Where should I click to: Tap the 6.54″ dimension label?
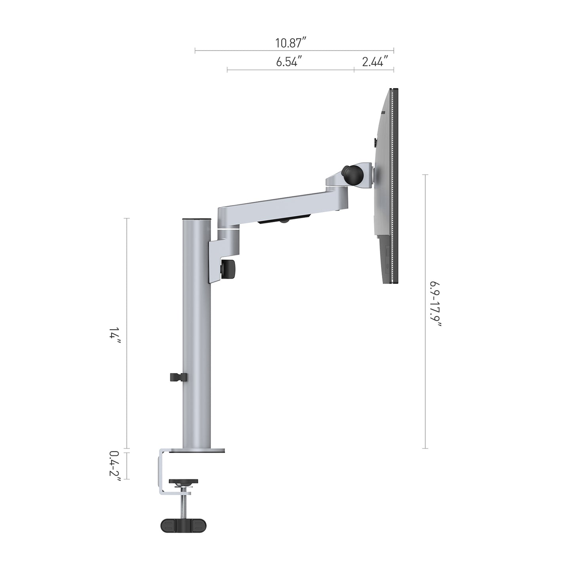coord(289,62)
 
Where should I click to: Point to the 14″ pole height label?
coord(115,337)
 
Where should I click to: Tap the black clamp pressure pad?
coord(183,481)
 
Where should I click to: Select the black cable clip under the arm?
coord(283,220)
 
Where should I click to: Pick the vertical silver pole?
coord(196,336)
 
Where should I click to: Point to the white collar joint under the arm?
coord(228,228)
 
